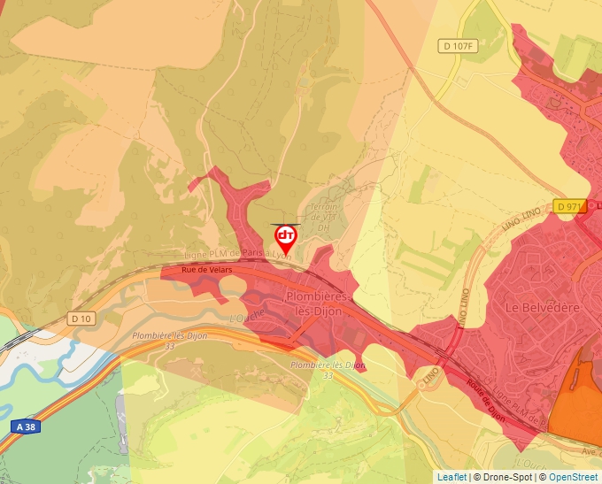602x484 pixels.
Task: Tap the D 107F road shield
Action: (x=459, y=46)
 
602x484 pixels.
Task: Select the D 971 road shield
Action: (x=571, y=206)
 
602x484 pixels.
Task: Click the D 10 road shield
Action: (x=81, y=319)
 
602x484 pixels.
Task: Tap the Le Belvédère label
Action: (x=542, y=307)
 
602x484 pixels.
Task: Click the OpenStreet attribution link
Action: (x=573, y=477)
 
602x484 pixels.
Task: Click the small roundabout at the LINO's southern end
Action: (x=417, y=386)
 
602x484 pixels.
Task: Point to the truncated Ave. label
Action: (x=590, y=451)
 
